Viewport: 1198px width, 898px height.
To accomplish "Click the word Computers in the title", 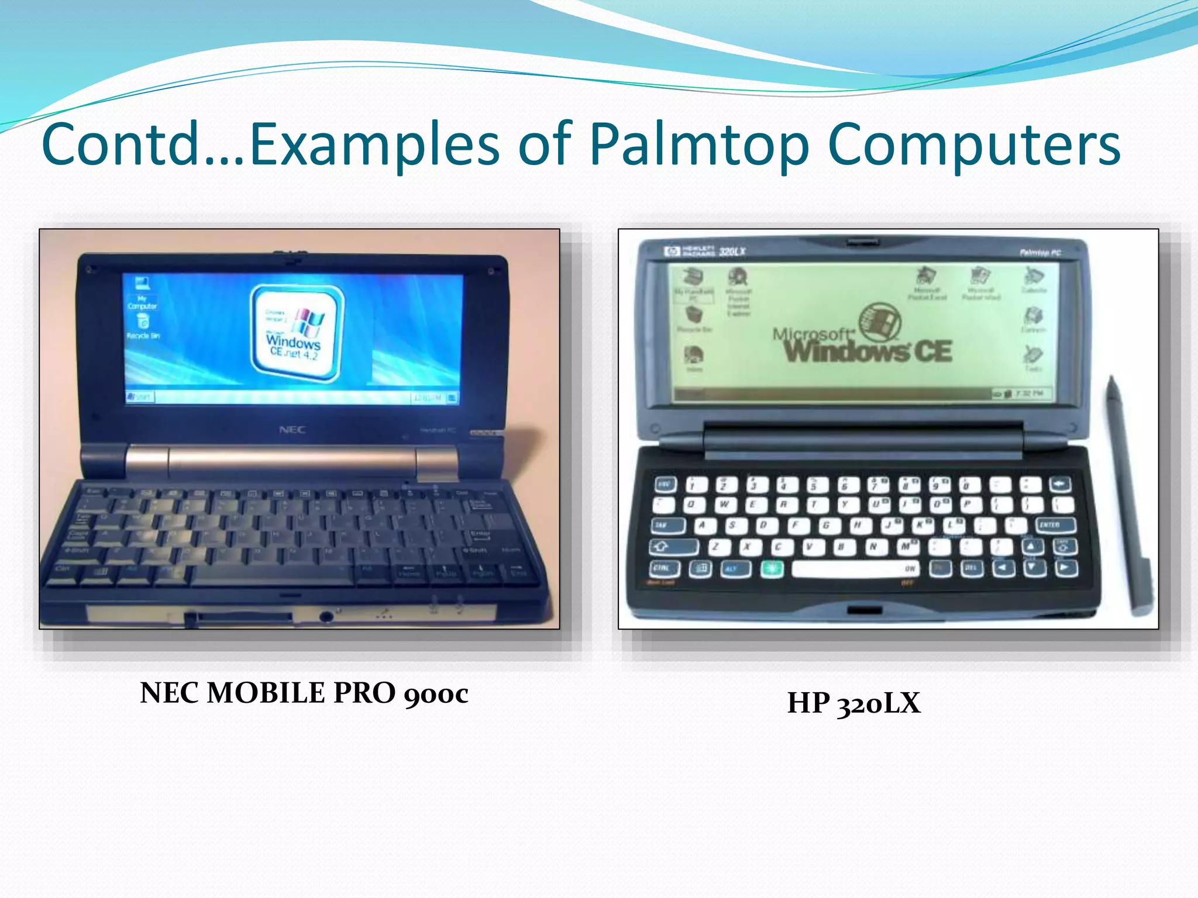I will click(x=974, y=144).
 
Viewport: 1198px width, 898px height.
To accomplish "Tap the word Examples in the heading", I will click(x=374, y=144).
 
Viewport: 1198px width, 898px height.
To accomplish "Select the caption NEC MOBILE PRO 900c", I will click(x=304, y=693).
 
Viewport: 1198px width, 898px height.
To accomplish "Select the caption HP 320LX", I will click(x=853, y=703).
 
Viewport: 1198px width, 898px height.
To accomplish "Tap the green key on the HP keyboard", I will click(x=772, y=568).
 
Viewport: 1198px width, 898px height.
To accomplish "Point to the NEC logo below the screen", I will click(x=292, y=430).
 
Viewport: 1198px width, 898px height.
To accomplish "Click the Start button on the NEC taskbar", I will click(x=139, y=397).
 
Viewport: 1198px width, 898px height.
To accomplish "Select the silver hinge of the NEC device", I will click(x=292, y=460).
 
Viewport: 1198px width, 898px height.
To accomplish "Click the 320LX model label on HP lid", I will click(x=732, y=251).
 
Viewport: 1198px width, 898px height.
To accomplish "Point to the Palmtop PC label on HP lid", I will click(x=1040, y=253).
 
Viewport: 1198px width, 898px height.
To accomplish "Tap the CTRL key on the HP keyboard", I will click(x=663, y=568).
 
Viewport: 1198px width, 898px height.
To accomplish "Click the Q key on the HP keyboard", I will click(x=693, y=504).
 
